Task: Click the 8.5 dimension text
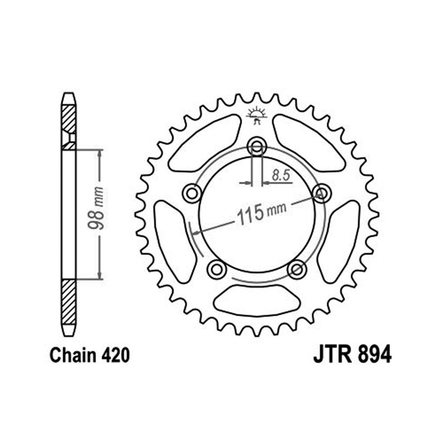click(x=281, y=175)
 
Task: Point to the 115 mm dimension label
click(x=261, y=213)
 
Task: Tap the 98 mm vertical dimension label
click(x=96, y=208)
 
